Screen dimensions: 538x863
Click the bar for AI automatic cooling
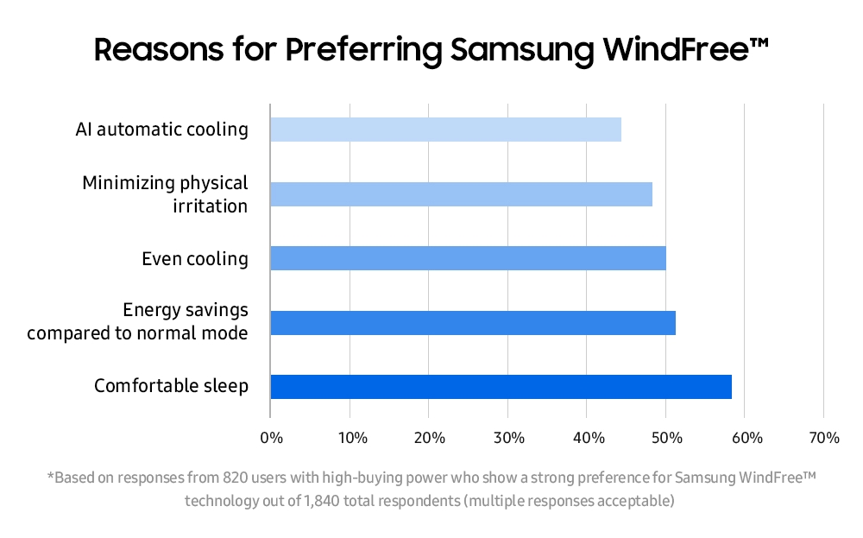click(445, 130)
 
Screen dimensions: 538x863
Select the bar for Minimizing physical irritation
click(461, 194)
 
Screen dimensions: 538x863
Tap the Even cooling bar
click(468, 258)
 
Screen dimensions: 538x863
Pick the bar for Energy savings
click(473, 323)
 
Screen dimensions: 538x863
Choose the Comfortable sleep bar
click(501, 387)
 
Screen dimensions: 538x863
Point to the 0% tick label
click(271, 438)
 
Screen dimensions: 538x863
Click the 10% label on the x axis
click(350, 438)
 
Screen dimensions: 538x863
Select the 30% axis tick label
click(508, 438)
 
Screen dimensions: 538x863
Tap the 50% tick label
click(666, 438)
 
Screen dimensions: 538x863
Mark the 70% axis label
click(824, 438)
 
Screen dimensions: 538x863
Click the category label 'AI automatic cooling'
click(161, 130)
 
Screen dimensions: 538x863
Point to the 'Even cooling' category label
click(195, 258)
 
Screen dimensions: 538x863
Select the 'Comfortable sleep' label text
click(171, 386)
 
